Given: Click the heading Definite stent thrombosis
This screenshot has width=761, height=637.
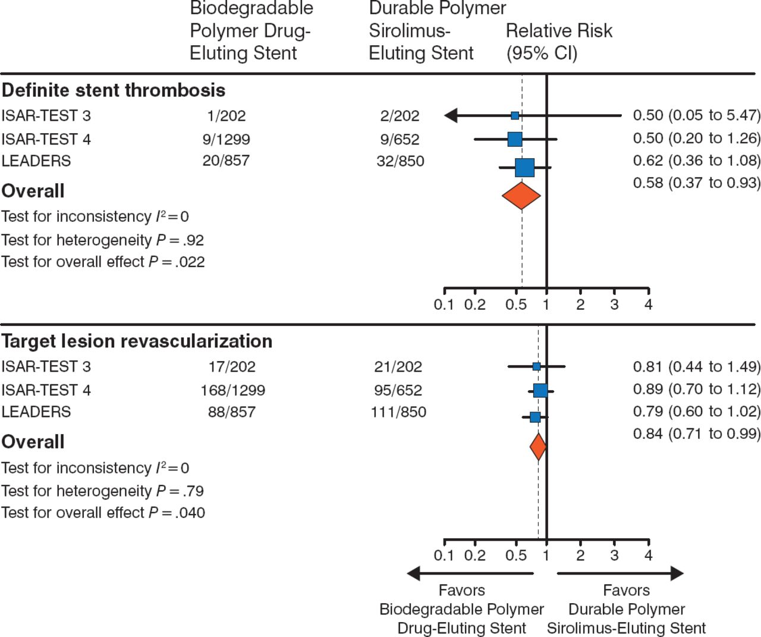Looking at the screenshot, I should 114,90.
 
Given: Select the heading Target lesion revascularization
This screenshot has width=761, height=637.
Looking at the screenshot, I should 137,341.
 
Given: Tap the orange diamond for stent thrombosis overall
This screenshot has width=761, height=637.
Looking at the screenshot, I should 521,196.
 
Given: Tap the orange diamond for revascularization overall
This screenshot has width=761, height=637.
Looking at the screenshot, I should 538,447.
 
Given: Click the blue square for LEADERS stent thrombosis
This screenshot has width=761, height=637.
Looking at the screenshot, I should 524,168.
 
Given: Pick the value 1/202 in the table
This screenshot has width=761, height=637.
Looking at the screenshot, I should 227,115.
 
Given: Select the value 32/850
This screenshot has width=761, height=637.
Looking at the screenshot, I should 400,161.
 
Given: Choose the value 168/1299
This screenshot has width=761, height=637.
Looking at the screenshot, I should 232,390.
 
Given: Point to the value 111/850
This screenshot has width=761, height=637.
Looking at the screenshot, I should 398,412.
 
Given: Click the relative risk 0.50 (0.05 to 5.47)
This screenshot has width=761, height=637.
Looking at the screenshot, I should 696,115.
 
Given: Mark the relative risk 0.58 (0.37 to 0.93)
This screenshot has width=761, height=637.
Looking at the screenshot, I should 696,183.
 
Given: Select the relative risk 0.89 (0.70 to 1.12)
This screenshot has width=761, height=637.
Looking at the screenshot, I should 696,389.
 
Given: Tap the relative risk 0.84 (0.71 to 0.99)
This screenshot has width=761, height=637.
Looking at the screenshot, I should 696,434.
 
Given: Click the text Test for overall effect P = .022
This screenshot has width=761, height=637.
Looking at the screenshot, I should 103,262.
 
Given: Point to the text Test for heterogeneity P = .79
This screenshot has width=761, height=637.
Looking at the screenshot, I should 102,491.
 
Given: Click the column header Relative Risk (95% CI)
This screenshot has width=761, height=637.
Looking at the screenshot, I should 558,42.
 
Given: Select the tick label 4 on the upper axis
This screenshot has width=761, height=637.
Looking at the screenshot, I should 648,305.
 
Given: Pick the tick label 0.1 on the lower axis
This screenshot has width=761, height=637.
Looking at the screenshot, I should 444,556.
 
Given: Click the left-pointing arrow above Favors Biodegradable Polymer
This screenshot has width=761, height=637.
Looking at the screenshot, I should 470,573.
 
